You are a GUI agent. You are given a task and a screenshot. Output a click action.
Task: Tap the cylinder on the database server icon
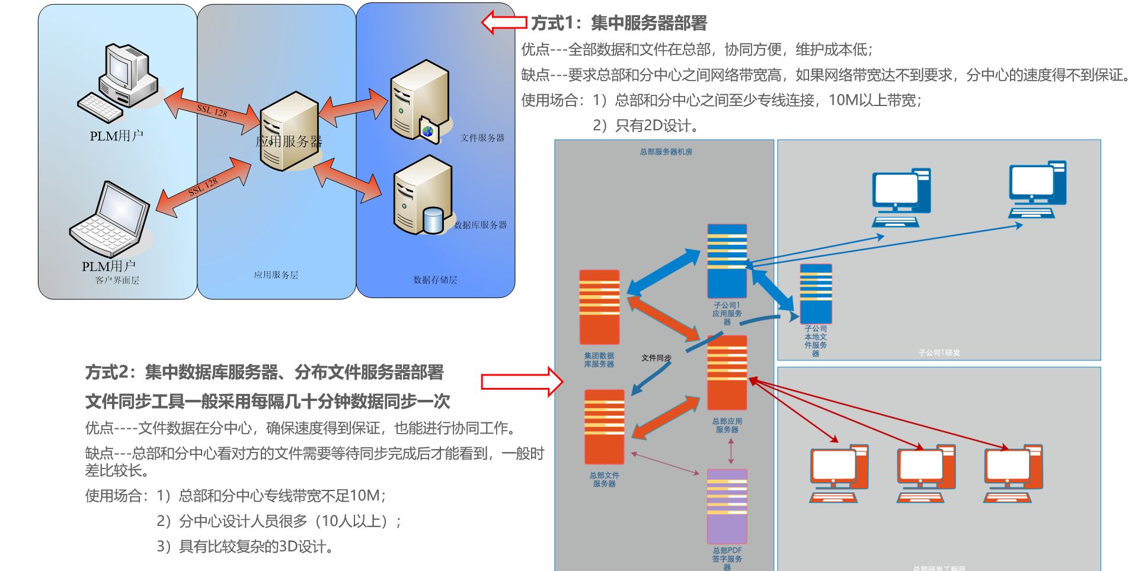433,220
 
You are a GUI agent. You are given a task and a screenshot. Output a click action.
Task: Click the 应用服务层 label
276,275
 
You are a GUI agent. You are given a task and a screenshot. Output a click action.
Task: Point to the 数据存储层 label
435,280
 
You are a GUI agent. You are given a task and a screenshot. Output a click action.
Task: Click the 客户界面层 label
117,280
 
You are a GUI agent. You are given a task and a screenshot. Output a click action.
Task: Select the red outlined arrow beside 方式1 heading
504,23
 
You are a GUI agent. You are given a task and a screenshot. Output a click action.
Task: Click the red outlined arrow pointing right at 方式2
522,381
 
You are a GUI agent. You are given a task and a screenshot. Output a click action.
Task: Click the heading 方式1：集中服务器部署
619,23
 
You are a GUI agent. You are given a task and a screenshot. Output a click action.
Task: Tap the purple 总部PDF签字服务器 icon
727,506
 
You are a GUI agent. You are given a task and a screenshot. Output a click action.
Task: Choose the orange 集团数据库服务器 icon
599,307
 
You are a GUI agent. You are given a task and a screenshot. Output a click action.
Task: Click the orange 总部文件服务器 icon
604,426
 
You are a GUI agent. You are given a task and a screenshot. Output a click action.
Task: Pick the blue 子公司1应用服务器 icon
727,261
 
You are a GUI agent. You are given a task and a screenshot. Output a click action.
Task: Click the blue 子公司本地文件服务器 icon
816,294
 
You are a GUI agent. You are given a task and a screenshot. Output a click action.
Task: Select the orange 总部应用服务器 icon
727,373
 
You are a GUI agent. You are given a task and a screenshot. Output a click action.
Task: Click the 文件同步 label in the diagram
656,358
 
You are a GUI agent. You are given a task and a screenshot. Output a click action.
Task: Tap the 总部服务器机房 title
666,152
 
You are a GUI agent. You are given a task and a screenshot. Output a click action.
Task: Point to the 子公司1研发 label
939,352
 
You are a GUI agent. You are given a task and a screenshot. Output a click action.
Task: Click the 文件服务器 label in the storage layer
482,138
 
